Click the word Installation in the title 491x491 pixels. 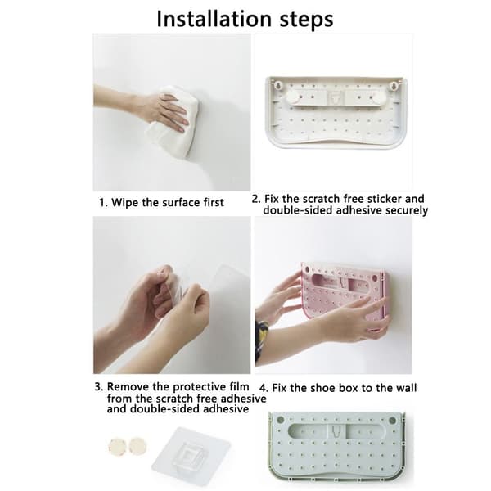[x=214, y=19]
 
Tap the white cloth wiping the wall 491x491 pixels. [x=172, y=120]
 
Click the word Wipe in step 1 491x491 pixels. [x=125, y=202]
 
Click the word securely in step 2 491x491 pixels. [x=407, y=210]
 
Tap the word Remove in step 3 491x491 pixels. [x=128, y=387]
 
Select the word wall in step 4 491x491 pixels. [x=406, y=388]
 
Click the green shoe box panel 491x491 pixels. [x=337, y=447]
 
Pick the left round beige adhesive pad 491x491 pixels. [x=116, y=446]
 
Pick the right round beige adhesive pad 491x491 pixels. [x=137, y=446]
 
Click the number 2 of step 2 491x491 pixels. [x=255, y=199]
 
